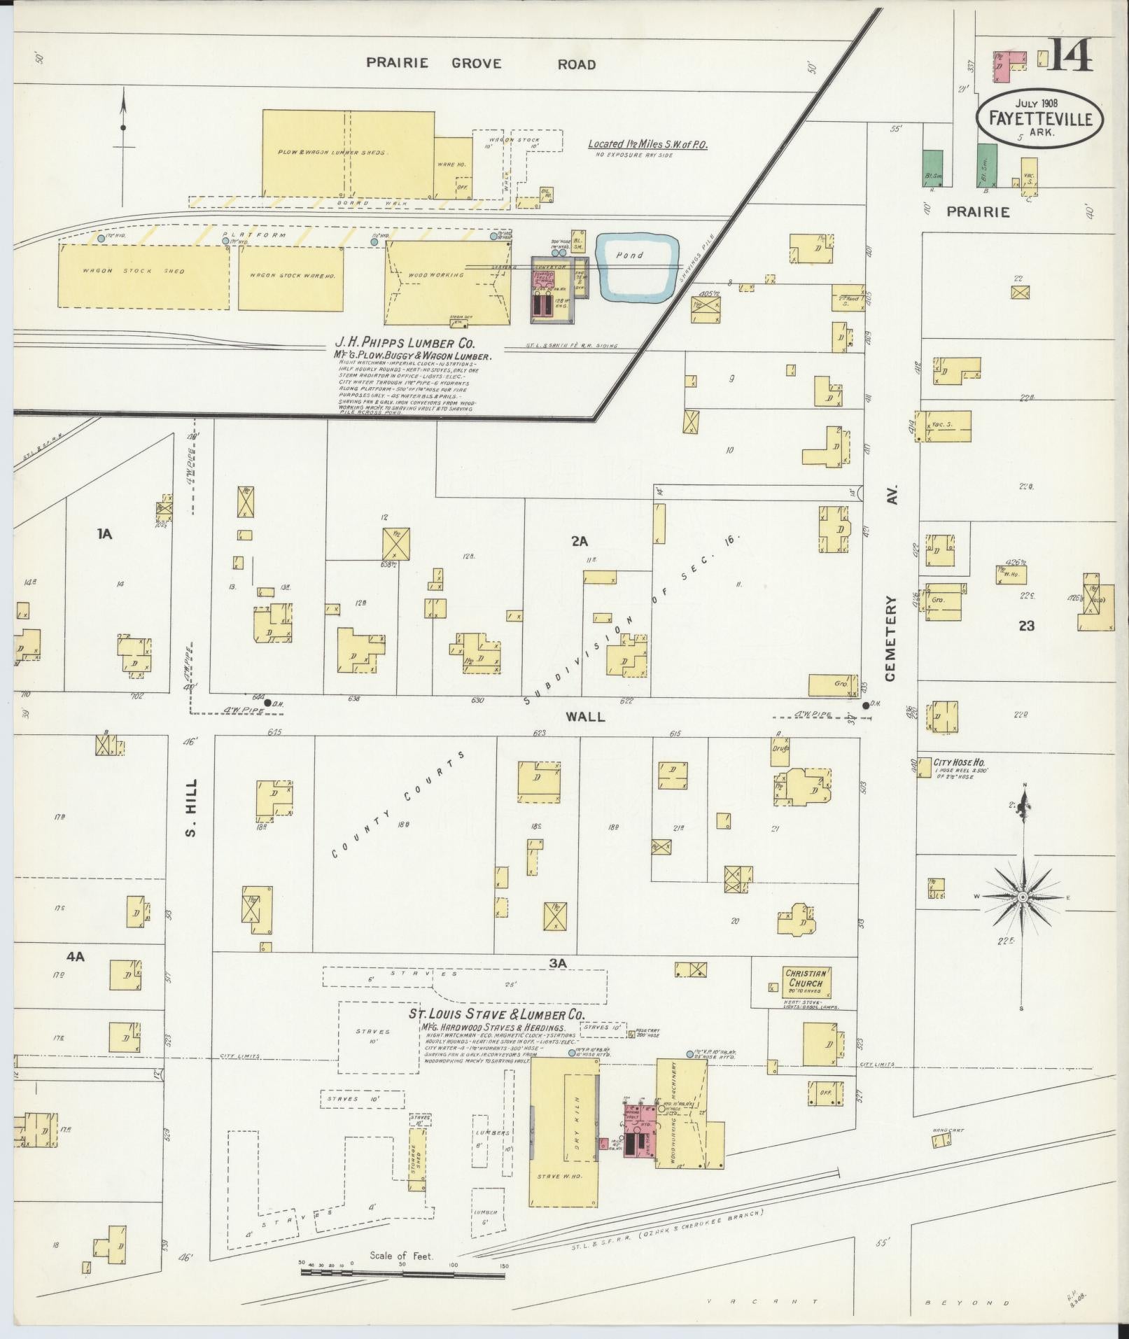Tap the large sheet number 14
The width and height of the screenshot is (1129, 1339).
tap(1069, 55)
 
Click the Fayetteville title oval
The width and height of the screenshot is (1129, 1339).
tap(1039, 118)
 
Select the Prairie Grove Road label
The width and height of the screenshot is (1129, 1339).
tap(481, 64)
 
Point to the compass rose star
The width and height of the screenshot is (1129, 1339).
tap(1023, 897)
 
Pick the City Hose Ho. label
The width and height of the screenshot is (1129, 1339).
tap(958, 762)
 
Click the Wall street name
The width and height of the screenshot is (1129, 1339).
tap(585, 716)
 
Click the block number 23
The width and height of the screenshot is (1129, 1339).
tap(1026, 626)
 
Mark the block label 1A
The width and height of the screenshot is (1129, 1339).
tap(104, 534)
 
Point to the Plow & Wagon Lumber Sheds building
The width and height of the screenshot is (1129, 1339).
tap(348, 153)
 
